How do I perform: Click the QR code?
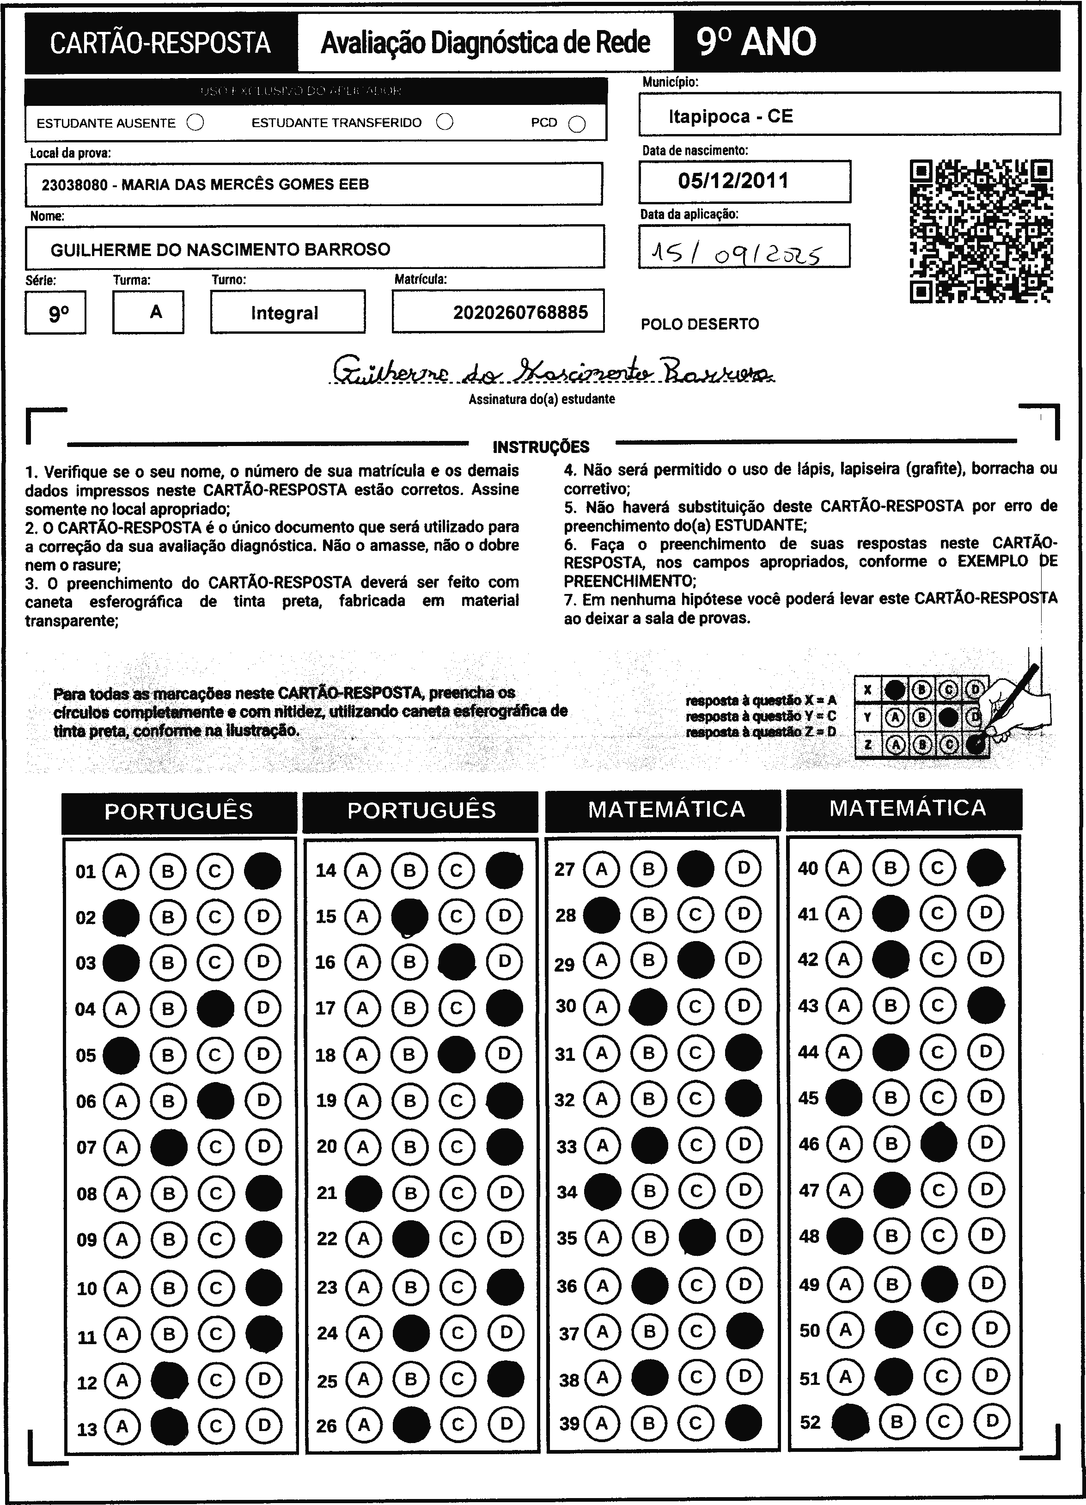[981, 231]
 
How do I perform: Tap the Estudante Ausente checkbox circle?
[195, 123]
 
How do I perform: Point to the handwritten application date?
[736, 253]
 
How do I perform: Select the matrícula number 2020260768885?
[520, 312]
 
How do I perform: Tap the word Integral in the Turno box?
[285, 313]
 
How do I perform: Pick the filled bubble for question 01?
[262, 871]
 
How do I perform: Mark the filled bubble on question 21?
[364, 1193]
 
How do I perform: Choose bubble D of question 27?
[744, 868]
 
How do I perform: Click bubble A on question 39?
[602, 1423]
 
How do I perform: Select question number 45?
[808, 1098]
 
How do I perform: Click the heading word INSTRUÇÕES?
[541, 447]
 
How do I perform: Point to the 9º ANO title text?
[757, 43]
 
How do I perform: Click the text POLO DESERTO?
[699, 324]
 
